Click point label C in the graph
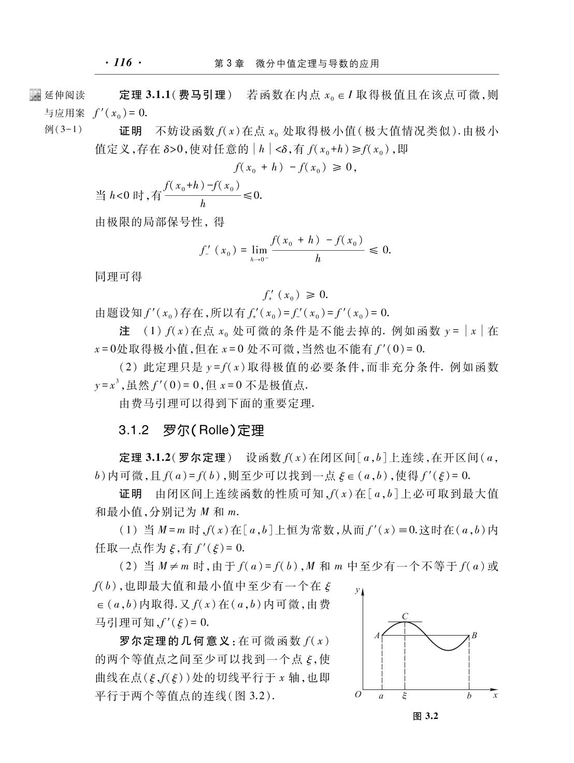click(405, 616)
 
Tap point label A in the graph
click(377, 635)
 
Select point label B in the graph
click(473, 635)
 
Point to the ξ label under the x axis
click(405, 696)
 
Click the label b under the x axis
click(469, 696)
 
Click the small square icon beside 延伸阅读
click(35, 95)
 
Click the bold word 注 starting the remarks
click(125, 330)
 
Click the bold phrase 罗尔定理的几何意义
click(175, 641)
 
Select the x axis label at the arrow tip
click(495, 695)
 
